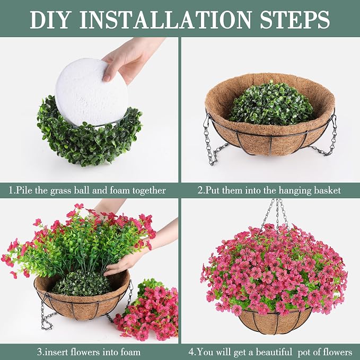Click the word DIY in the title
click(50, 20)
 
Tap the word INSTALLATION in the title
click(165, 20)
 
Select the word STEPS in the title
click(295, 20)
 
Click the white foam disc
click(91, 92)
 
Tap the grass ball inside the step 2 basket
click(271, 103)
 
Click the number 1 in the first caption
click(11, 190)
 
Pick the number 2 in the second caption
click(200, 190)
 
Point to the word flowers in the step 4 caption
click(338, 352)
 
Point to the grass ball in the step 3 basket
click(82, 284)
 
